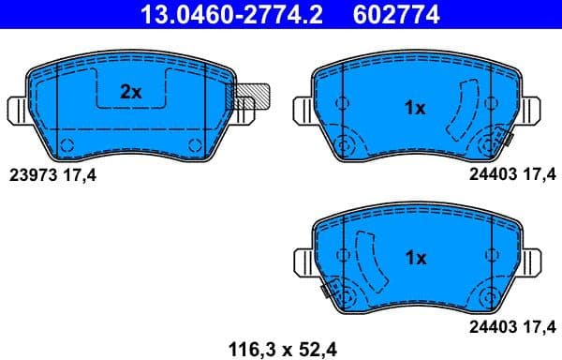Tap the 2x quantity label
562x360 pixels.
click(x=130, y=92)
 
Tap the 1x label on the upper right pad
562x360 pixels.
click(x=414, y=108)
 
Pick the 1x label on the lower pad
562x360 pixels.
click(x=415, y=257)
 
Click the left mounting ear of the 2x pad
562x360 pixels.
click(x=18, y=110)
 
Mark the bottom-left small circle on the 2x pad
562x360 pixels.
click(x=67, y=143)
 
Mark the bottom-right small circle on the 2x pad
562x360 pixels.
click(x=195, y=143)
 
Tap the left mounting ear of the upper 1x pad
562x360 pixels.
click(x=304, y=110)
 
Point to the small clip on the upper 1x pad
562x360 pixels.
click(x=506, y=140)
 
